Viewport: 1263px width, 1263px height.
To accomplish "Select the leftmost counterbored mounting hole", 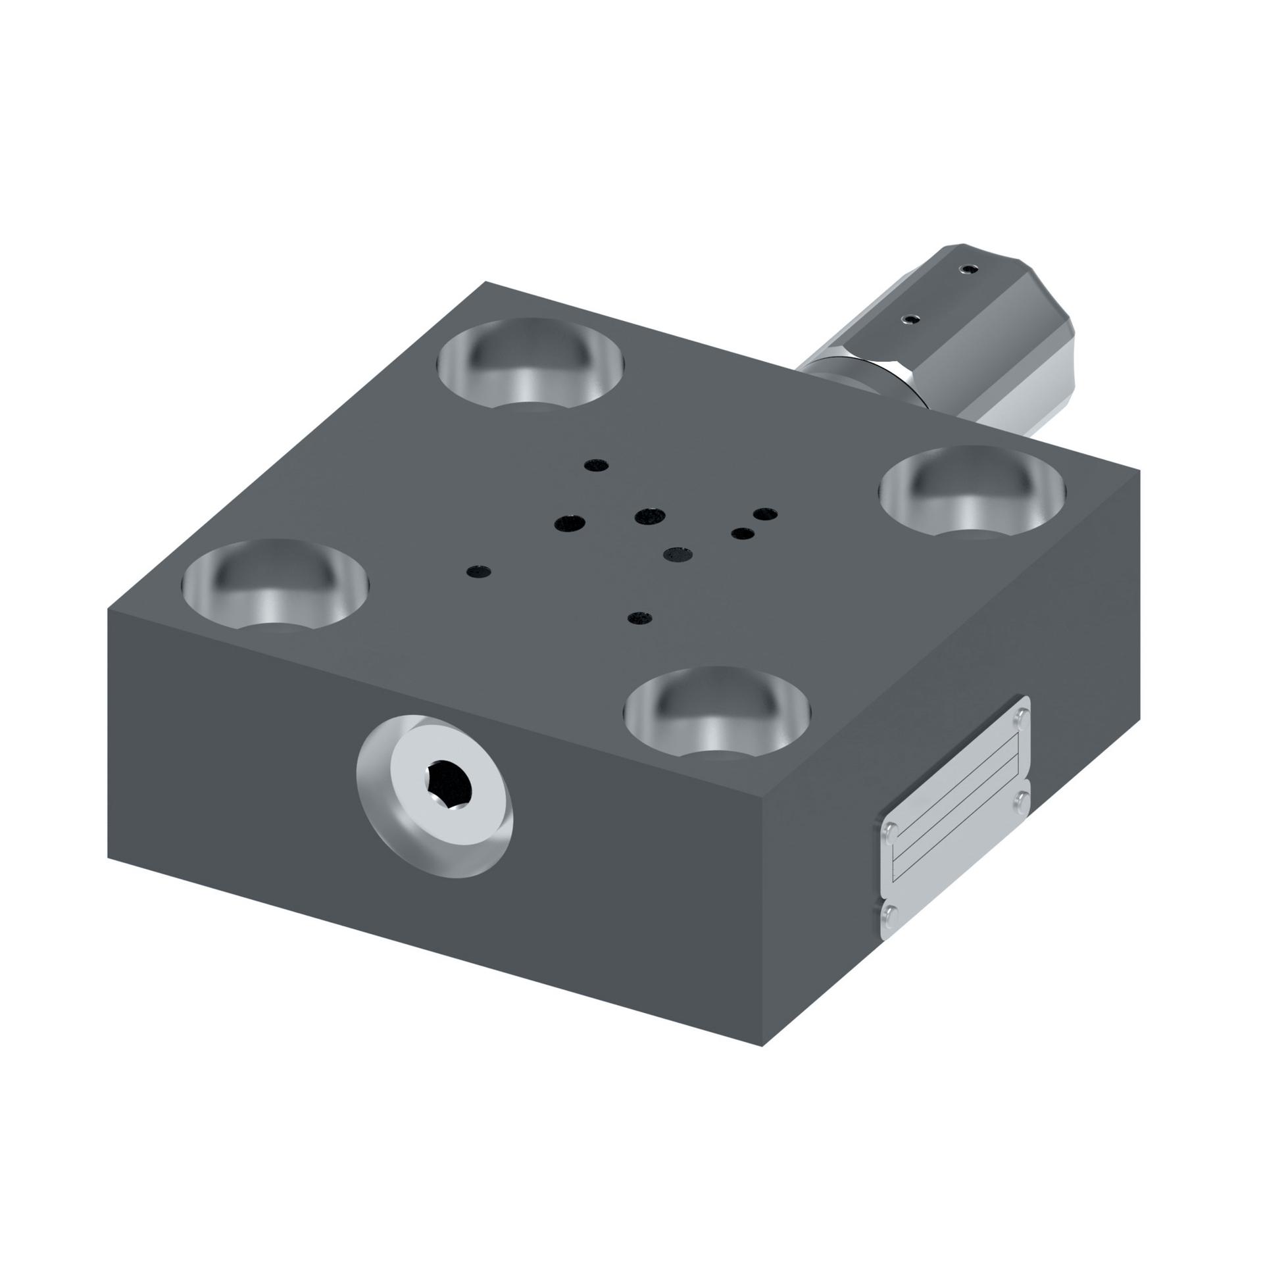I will coord(275,585).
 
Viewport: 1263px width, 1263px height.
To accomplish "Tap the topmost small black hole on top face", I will coord(596,465).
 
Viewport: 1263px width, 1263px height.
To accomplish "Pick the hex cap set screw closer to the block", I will coord(910,319).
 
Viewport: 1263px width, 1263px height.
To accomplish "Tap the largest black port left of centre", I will coord(570,524).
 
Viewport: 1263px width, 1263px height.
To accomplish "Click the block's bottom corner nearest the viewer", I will coord(761,1046).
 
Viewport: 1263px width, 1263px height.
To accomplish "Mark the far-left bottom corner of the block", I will coord(109,857).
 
